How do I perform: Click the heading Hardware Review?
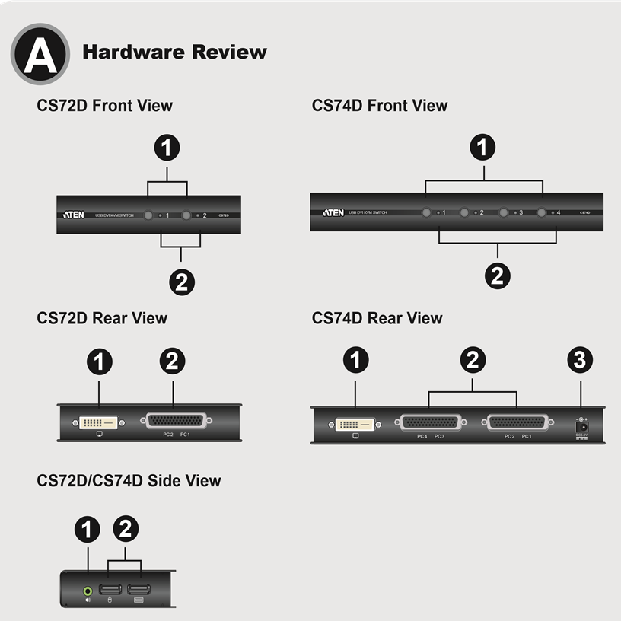(174, 53)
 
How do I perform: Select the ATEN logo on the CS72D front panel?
(74, 215)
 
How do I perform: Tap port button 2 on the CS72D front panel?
(186, 215)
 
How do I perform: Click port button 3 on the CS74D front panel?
(503, 212)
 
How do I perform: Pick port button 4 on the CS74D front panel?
(541, 212)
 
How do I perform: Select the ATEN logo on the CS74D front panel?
(333, 212)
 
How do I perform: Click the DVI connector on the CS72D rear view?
(99, 421)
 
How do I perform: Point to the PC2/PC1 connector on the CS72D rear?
(176, 421)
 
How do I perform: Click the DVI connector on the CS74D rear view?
(355, 422)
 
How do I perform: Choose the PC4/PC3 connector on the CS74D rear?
(430, 422)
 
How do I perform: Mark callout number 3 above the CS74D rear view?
(581, 361)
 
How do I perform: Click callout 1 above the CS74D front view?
(484, 146)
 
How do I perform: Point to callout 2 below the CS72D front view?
(182, 282)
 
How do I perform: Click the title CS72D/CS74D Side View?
(129, 480)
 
